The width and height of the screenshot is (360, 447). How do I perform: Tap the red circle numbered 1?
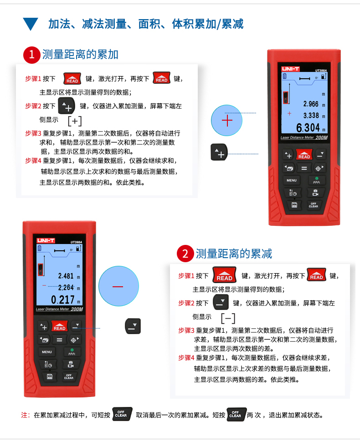(x=32, y=55)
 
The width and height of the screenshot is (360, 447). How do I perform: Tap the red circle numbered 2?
(x=185, y=254)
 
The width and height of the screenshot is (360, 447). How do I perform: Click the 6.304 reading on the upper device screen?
(x=308, y=128)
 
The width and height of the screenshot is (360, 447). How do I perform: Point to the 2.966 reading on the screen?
(x=311, y=104)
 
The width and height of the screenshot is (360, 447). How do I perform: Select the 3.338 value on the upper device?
(x=311, y=116)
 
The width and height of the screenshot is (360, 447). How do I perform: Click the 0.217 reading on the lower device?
(x=63, y=300)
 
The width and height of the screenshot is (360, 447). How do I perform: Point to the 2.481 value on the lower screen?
(x=66, y=276)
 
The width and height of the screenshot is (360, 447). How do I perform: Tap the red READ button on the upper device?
(x=304, y=154)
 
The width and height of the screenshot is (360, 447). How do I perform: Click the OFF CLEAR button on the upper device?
(x=313, y=205)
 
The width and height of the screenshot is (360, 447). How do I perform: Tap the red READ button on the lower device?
(x=59, y=326)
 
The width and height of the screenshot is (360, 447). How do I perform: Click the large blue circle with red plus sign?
(x=226, y=120)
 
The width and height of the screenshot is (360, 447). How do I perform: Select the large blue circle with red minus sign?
(x=118, y=286)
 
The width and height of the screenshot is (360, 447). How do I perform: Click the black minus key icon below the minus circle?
(x=133, y=326)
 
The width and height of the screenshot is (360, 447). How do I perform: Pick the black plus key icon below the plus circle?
(x=219, y=152)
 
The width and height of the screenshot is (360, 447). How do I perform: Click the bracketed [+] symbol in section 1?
(x=75, y=121)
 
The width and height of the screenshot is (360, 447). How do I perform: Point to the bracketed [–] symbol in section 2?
(x=228, y=318)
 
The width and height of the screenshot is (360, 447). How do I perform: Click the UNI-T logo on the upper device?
(x=290, y=69)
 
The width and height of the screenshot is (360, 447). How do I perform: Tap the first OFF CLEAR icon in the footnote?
(x=122, y=414)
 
